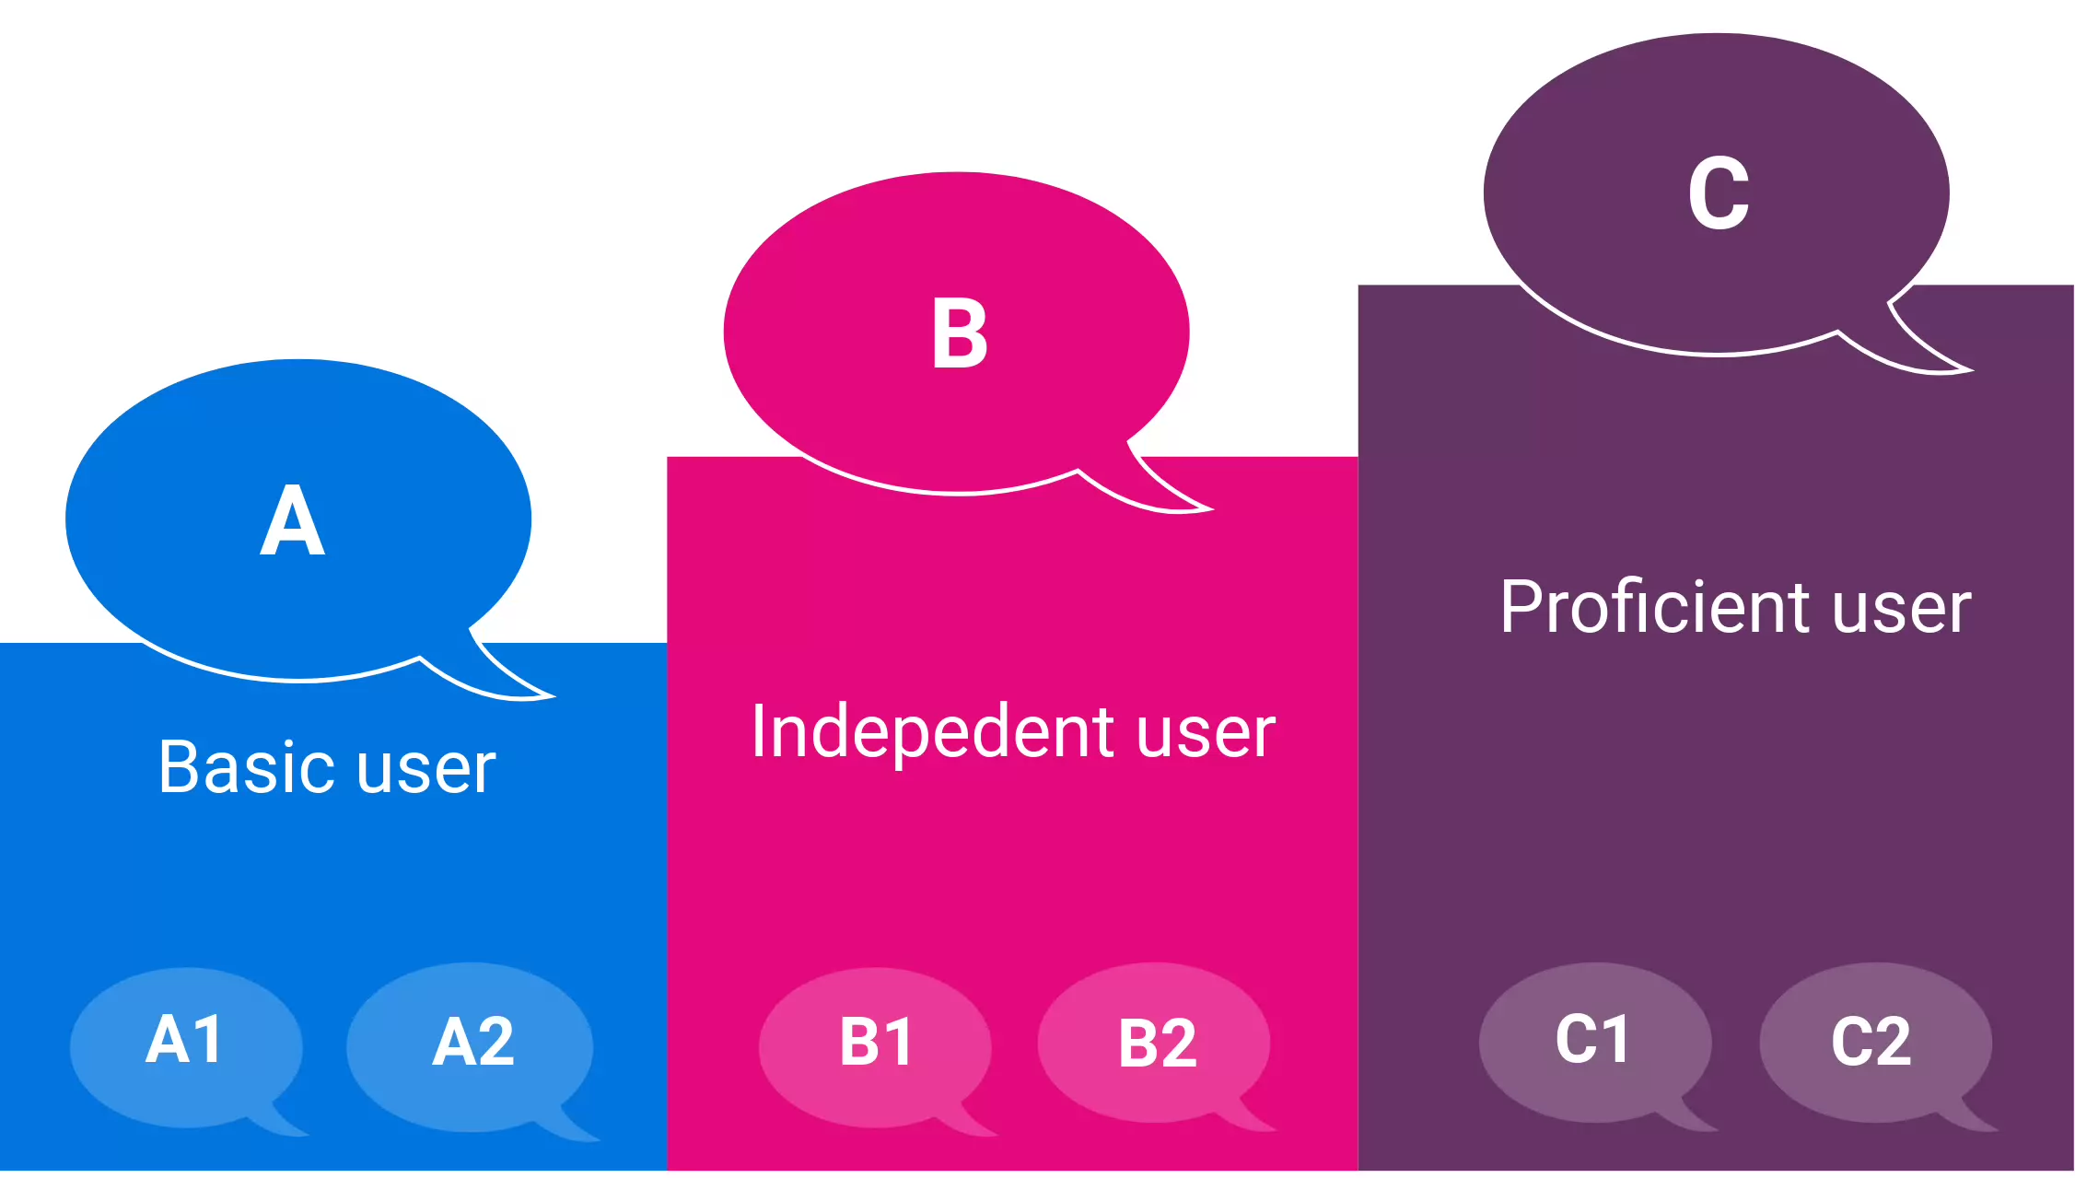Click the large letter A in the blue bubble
pos(293,520)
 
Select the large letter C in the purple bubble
pos(1719,193)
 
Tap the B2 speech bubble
pos(1155,1044)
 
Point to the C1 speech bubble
pos(1594,1042)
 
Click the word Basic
pos(249,766)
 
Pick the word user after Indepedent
pos(1207,733)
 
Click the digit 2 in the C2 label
pos(1893,1043)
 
